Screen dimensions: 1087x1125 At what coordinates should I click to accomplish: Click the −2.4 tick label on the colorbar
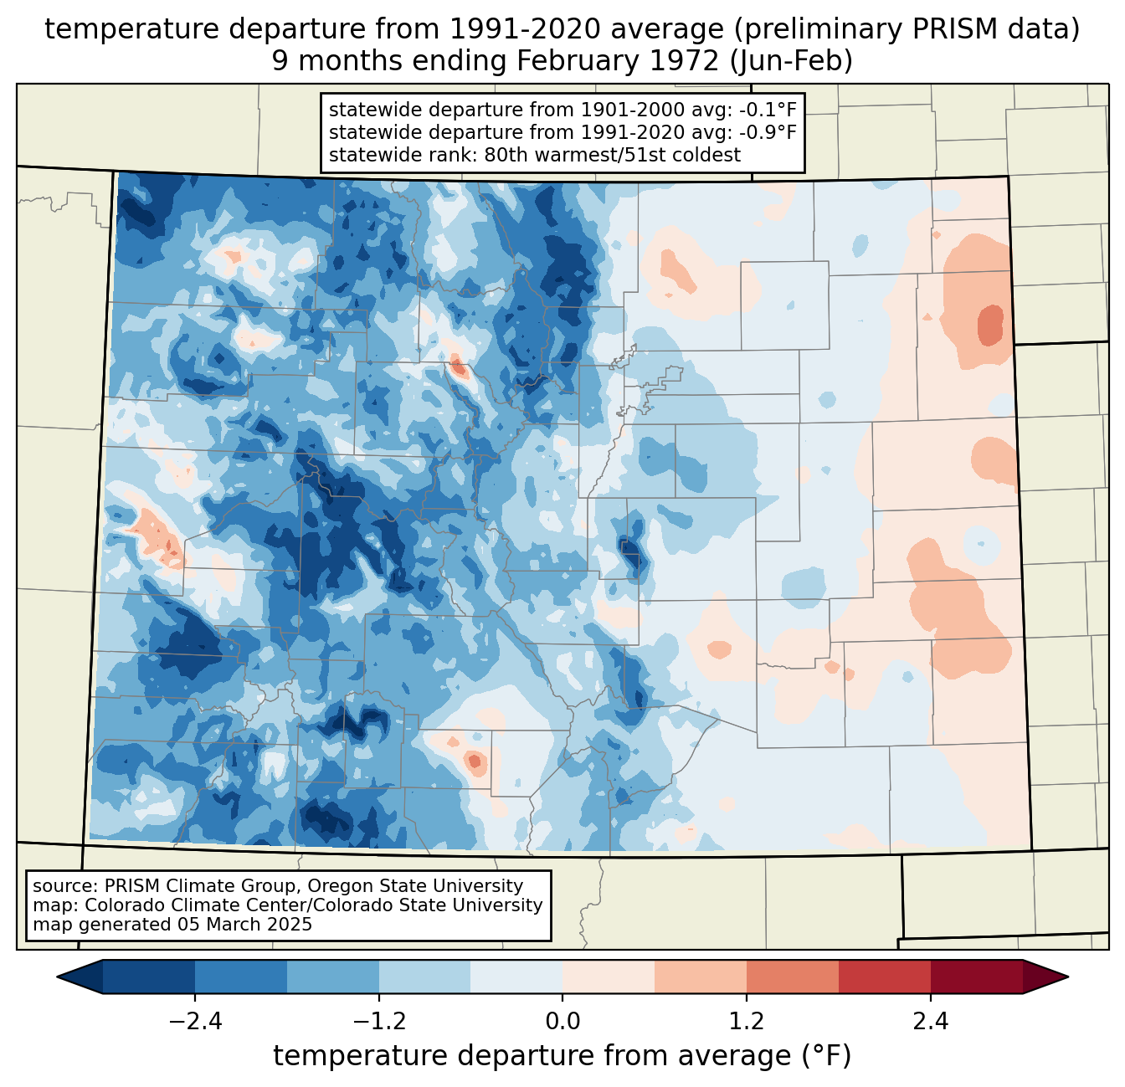[x=194, y=1022]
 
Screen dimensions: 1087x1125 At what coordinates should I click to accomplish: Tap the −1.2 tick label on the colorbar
[x=378, y=1022]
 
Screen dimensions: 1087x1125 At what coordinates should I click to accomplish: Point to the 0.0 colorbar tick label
[x=562, y=1022]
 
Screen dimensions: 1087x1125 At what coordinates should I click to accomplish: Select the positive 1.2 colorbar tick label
[x=747, y=1022]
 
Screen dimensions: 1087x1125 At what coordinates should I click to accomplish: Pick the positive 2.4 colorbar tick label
[x=931, y=1022]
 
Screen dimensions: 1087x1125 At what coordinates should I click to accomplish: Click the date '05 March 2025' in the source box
[x=244, y=925]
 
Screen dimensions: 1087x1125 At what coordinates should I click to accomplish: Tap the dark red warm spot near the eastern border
[x=990, y=325]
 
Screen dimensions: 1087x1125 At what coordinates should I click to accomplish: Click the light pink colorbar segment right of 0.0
[x=609, y=977]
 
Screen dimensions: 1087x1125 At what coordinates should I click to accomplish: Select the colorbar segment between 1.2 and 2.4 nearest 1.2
[x=793, y=977]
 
